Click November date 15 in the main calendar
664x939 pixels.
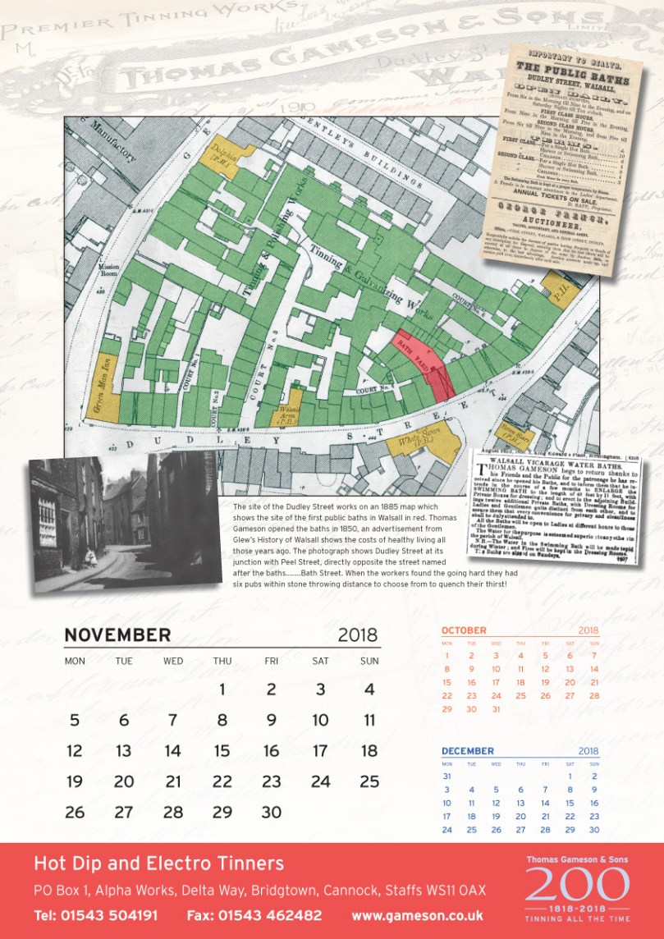coord(222,750)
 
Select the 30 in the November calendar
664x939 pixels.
coord(271,812)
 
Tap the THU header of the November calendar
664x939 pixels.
coord(222,661)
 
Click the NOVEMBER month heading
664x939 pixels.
coord(117,635)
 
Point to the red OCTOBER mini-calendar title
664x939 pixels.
coord(464,630)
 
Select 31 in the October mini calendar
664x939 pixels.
coord(496,708)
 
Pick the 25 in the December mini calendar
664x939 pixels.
coord(471,829)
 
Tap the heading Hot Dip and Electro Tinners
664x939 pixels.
coord(158,863)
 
